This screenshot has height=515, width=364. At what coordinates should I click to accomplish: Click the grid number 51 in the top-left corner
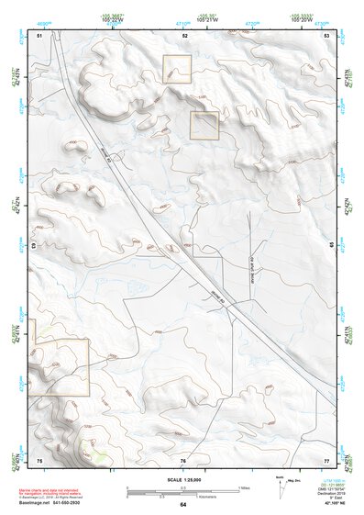click(x=39, y=34)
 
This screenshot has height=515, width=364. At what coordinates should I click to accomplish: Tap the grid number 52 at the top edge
click(x=184, y=34)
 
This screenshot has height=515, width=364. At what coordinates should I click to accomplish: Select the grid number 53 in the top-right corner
click(x=327, y=34)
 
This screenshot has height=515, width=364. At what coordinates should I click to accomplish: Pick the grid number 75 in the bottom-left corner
click(x=39, y=459)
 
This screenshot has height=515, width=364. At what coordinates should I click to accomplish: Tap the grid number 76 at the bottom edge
click(x=183, y=459)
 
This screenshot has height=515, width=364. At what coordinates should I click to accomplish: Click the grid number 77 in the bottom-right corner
click(x=326, y=459)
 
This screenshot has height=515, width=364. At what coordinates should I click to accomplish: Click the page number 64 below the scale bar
click(x=182, y=505)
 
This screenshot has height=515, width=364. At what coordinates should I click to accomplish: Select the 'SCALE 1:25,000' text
click(x=182, y=480)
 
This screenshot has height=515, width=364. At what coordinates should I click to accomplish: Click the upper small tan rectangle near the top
click(x=177, y=69)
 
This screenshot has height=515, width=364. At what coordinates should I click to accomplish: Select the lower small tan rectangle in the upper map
click(x=204, y=125)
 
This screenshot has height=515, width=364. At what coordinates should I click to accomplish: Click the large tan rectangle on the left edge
click(x=61, y=366)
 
